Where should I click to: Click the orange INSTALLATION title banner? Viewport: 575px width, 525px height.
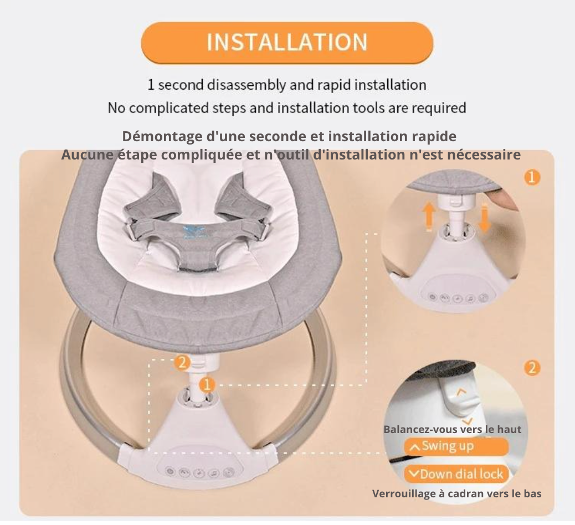point(287,43)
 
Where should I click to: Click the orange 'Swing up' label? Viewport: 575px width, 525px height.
point(456,446)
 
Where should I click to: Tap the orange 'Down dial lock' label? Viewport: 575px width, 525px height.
point(456,474)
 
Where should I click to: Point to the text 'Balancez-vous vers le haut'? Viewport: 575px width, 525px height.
point(452,429)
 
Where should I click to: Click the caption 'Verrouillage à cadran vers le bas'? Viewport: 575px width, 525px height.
point(457,493)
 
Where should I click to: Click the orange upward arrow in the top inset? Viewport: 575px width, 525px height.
point(429,217)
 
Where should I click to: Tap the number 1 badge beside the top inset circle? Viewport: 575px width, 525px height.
point(532,177)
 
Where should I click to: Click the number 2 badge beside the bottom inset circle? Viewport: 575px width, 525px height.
point(532,368)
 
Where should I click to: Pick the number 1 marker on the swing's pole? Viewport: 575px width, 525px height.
point(207,385)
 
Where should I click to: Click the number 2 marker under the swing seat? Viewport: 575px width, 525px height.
point(182,363)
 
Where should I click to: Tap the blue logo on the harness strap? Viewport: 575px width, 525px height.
point(195,232)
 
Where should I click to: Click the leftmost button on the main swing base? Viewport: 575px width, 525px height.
point(170,471)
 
